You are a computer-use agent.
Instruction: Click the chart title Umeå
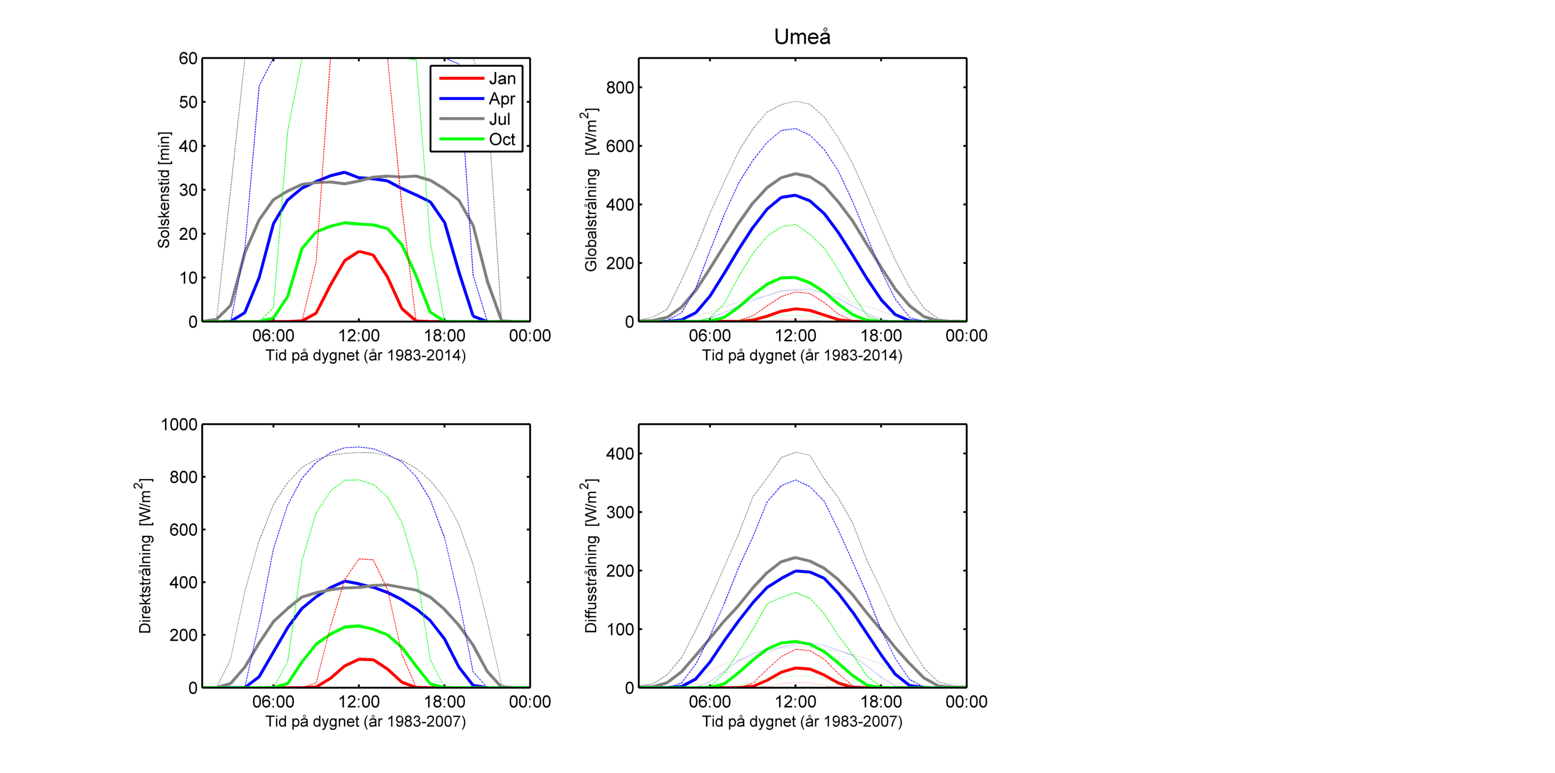802,37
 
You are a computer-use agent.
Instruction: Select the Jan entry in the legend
502,78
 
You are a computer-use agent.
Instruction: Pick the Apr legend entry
502,98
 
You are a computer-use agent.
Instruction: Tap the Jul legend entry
499,119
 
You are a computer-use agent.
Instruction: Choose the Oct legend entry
502,139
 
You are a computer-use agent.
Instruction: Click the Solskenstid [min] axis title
164,190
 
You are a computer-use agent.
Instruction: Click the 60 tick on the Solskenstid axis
188,59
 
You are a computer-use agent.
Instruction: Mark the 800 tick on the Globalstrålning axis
620,87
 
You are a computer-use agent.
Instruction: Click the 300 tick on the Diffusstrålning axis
620,512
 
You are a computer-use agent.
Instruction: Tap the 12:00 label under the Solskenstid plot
359,336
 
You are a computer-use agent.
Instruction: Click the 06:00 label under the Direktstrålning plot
273,702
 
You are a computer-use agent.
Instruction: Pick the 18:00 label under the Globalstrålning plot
881,336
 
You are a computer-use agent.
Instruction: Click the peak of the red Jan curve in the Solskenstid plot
360,251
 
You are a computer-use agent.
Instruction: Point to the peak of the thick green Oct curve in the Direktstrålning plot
359,625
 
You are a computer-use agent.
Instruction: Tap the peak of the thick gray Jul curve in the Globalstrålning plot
795,174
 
